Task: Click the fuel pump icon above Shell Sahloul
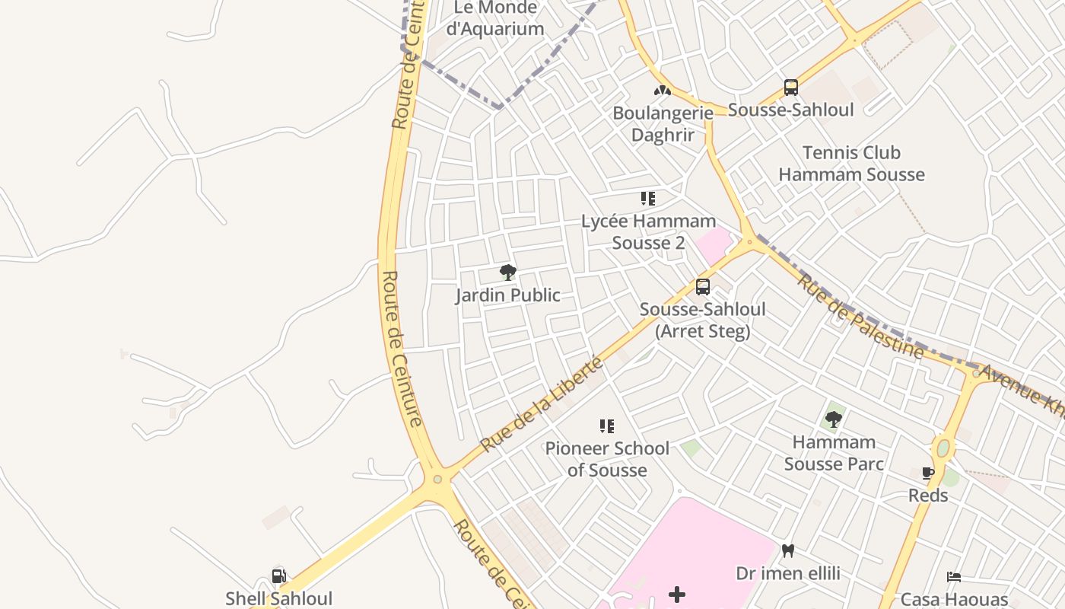click(x=279, y=576)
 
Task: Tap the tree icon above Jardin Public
click(x=507, y=273)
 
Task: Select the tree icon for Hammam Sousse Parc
click(x=834, y=419)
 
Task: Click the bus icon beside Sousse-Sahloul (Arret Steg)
click(x=703, y=287)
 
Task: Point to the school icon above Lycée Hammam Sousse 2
click(x=648, y=199)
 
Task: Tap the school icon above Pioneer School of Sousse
click(x=606, y=426)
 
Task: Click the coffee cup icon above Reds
click(x=927, y=473)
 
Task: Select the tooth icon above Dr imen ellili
click(x=788, y=550)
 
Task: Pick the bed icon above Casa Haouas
click(x=954, y=577)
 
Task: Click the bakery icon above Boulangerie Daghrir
click(x=663, y=91)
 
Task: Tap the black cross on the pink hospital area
click(x=677, y=595)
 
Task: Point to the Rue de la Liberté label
click(x=542, y=404)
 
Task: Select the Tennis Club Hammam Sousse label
click(x=851, y=164)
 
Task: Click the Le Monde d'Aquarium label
click(x=495, y=19)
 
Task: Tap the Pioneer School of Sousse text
click(x=607, y=459)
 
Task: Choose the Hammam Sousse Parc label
click(x=834, y=453)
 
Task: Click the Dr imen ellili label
click(x=788, y=572)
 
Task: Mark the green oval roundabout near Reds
click(x=943, y=448)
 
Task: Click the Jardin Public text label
click(x=507, y=295)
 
